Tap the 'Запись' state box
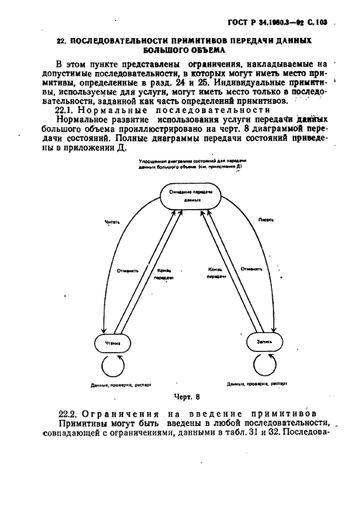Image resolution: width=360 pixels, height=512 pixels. click(259, 342)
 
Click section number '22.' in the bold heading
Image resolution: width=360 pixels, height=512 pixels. click(63, 37)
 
